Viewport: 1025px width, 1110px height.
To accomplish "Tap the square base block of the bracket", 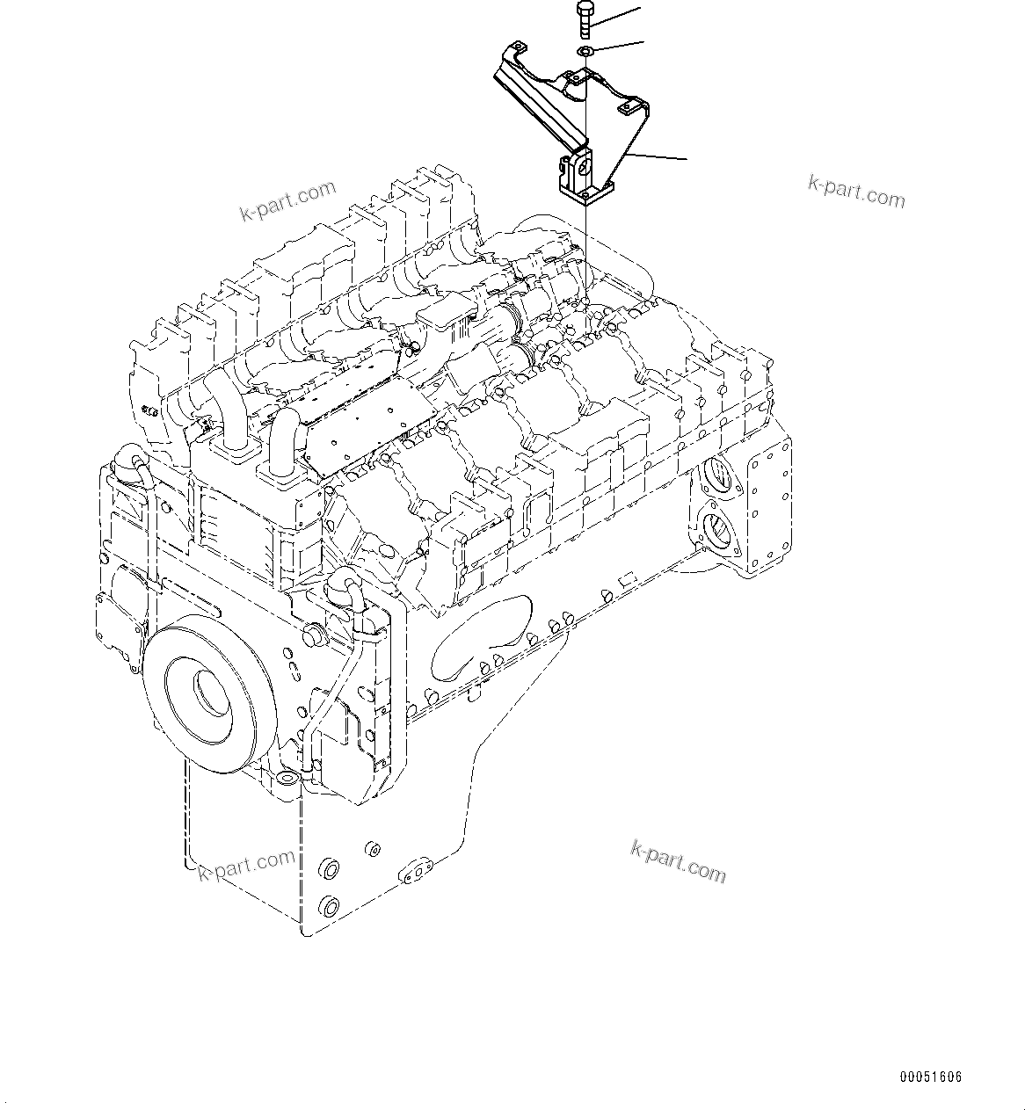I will point(583,183).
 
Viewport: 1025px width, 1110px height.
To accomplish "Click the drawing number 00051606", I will point(930,1077).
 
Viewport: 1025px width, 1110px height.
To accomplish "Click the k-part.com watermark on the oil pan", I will point(678,861).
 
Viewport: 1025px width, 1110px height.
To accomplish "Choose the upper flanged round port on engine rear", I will point(716,475).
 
